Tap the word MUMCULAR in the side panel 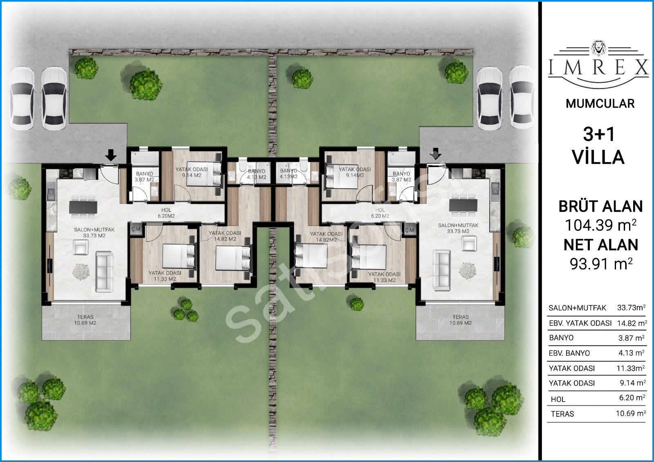(x=600, y=104)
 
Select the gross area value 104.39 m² (x=600, y=225)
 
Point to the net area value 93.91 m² (x=601, y=264)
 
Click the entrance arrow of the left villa (x=111, y=155)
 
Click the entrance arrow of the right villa (x=436, y=154)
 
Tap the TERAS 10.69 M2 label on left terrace (x=85, y=320)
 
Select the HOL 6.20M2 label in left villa (x=166, y=213)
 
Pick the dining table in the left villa (x=83, y=208)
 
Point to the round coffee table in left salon (x=81, y=272)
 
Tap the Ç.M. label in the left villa (x=136, y=230)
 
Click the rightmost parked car (x=522, y=97)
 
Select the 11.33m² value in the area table (x=631, y=368)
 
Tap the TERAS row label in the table (x=562, y=414)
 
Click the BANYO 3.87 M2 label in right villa (x=401, y=177)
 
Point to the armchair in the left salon (x=81, y=247)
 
